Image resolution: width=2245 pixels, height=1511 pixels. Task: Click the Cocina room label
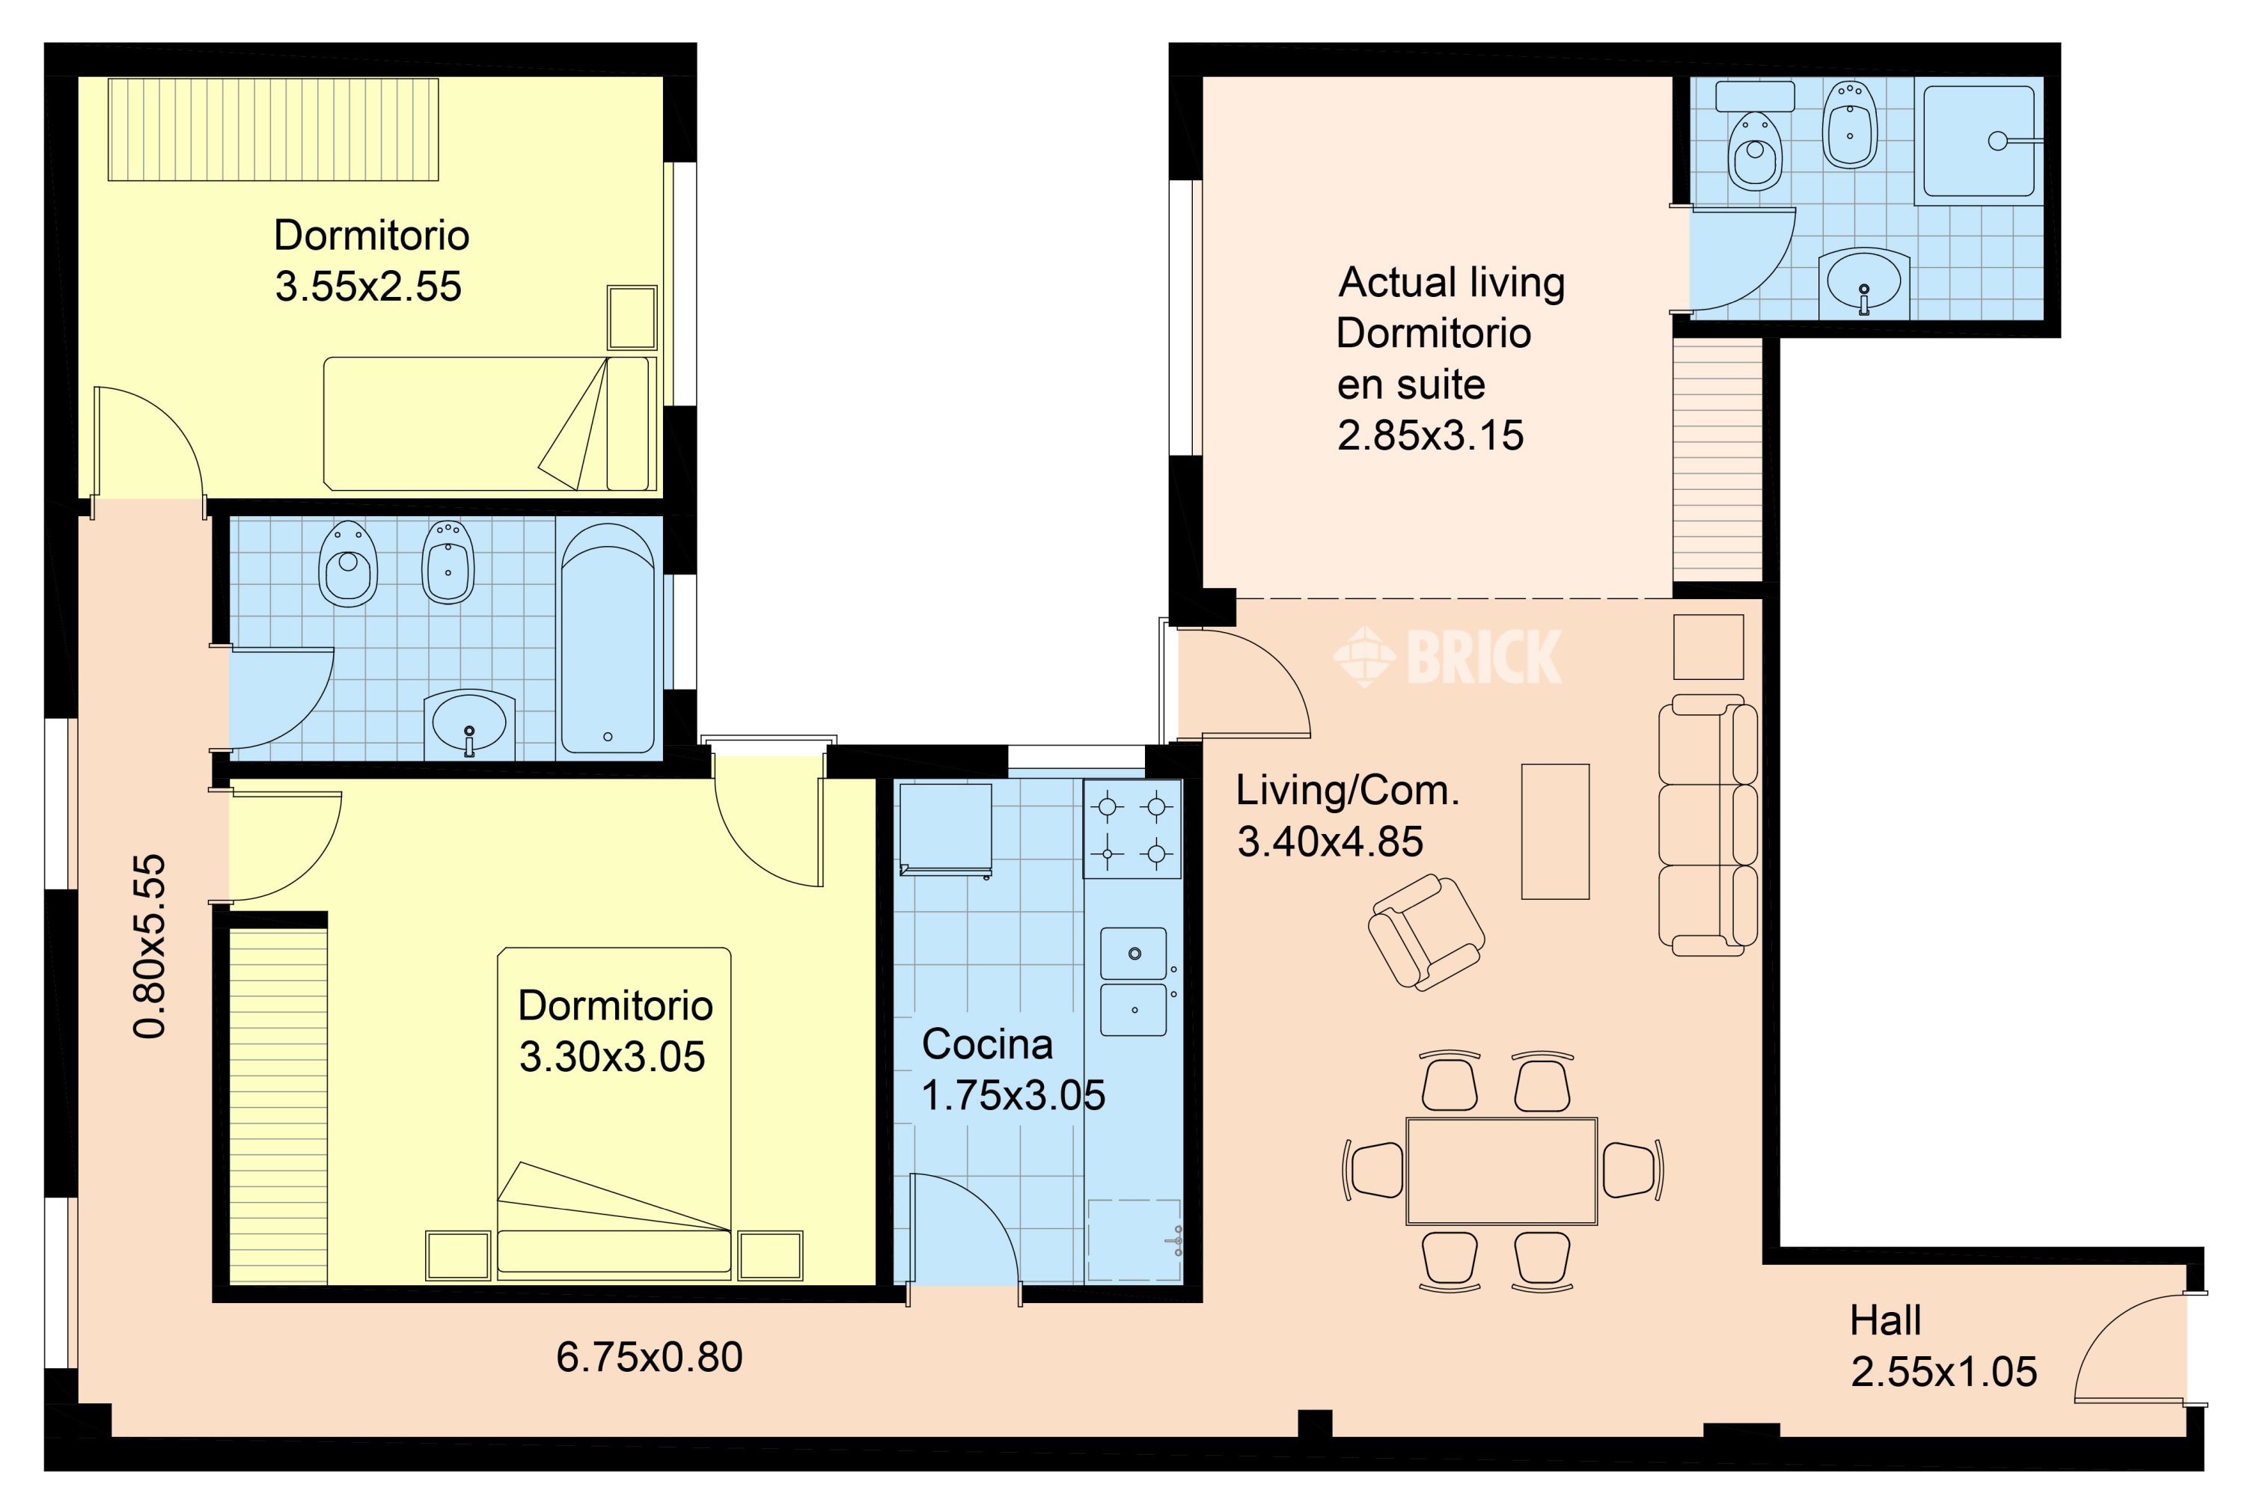point(987,1044)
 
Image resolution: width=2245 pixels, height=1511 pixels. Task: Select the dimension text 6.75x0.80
point(650,1357)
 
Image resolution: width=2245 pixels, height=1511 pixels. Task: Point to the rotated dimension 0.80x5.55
point(150,946)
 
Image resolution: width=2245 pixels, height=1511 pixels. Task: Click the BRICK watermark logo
point(1448,658)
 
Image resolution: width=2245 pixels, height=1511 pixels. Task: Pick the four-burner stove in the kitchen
point(1133,829)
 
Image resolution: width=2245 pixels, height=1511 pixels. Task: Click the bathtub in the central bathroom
point(608,638)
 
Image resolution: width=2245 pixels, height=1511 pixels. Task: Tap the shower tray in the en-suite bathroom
point(1979,141)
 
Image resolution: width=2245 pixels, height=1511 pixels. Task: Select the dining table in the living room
point(1502,1171)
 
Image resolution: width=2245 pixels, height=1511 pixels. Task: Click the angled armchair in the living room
point(1426,932)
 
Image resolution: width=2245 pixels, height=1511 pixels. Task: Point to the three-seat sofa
point(1707,825)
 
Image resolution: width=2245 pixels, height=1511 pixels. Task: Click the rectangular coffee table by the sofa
point(1555,832)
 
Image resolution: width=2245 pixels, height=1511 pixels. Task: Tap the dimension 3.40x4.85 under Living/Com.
point(1331,842)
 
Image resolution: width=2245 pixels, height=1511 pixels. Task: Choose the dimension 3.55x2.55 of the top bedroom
point(368,286)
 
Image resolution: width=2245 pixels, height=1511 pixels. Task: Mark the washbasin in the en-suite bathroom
point(1863,281)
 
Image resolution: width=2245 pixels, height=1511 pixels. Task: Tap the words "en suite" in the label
point(1411,384)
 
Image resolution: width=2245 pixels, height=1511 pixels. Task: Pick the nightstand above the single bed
point(632,317)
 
